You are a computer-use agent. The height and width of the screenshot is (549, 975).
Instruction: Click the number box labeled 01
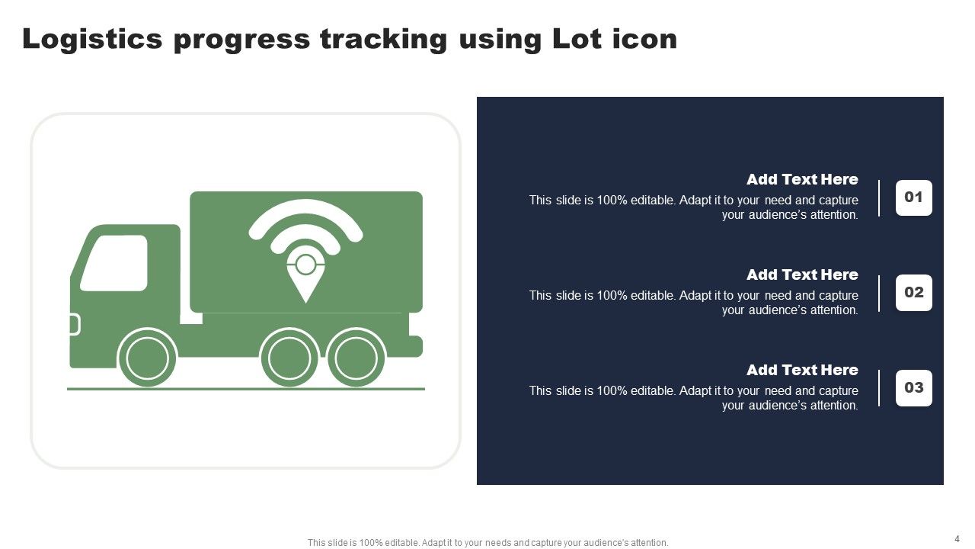pos(913,197)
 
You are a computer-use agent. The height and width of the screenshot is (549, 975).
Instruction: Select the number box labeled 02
pos(913,293)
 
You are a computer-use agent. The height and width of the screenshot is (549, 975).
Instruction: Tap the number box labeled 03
pos(913,388)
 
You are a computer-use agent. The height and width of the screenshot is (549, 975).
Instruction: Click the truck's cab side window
pos(114,262)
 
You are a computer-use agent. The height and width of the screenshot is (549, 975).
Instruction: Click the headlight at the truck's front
pos(74,325)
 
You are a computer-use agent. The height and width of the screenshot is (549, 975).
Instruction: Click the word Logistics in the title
pos(92,39)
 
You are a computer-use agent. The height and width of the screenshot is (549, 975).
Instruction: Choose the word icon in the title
pos(644,39)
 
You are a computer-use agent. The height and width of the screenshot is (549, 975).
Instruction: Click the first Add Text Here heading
pos(801,180)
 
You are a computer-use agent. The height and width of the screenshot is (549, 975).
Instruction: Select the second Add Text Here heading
pos(801,275)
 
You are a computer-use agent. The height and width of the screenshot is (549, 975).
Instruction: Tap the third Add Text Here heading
pos(801,371)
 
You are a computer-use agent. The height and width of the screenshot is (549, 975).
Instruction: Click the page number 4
pos(957,538)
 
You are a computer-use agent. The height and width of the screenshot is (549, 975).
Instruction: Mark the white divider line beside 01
pos(879,198)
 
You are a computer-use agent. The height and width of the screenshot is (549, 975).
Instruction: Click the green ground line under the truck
pos(245,389)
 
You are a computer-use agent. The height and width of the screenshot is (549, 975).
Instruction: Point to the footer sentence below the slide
pos(487,543)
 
